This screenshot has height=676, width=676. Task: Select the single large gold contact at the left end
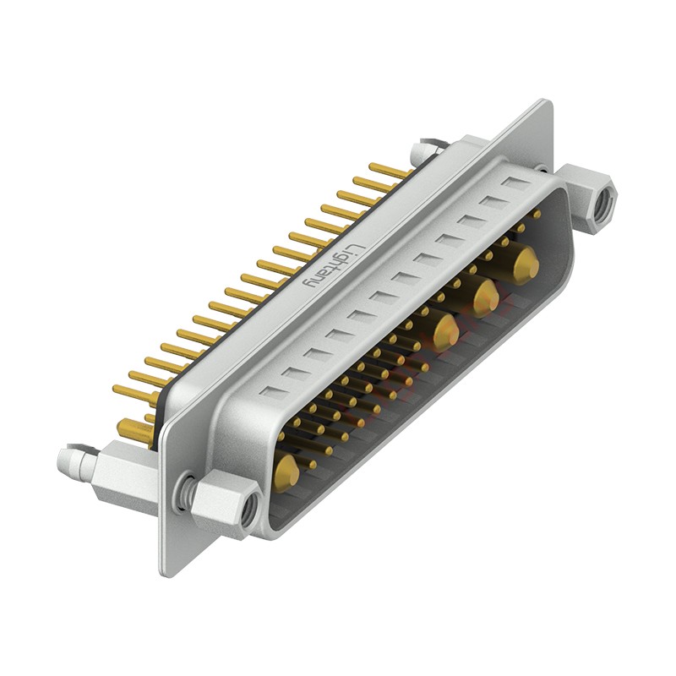point(286,474)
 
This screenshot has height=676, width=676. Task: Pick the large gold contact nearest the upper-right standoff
point(526,264)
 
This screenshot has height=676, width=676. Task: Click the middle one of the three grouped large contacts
point(485,298)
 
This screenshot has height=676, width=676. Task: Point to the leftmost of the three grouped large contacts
point(444,332)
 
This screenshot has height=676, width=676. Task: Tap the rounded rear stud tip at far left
point(64,461)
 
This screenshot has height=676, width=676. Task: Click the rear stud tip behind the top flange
point(419,153)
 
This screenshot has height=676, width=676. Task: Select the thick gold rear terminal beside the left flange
point(135,430)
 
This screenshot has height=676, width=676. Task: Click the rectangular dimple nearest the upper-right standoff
point(515,182)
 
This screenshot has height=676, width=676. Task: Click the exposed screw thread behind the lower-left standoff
point(185,493)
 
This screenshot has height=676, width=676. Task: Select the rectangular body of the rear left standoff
point(123,477)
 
